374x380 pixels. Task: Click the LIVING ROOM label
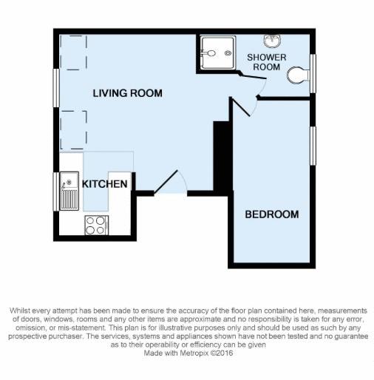coord(127,93)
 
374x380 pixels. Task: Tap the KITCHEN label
coord(104,184)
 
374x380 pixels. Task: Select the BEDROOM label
coord(272,214)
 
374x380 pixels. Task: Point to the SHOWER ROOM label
coord(267,62)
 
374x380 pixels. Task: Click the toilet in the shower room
coord(298,75)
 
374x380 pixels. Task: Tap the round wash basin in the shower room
coord(272,41)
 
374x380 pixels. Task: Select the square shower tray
coord(217,52)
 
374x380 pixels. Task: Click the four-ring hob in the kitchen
coord(96,225)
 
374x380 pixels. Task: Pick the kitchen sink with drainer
coord(69,191)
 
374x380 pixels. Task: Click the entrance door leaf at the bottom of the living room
coord(166,181)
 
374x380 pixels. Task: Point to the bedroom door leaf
coord(240,106)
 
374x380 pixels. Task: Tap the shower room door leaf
coord(253,75)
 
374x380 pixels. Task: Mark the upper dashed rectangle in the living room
coord(73,52)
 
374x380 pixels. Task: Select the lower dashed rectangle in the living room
coord(73,130)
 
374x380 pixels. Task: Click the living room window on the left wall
coord(56,88)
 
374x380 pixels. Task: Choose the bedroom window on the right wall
coord(313,146)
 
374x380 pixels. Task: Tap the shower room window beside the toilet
coord(313,73)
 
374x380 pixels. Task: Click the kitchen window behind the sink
coord(56,191)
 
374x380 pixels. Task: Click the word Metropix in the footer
coord(194,353)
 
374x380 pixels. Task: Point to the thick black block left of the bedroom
coord(222,157)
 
